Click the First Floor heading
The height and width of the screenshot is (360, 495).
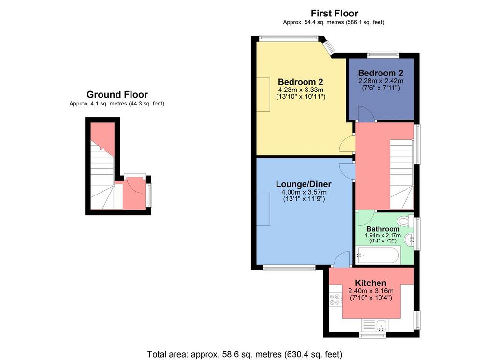[335, 13]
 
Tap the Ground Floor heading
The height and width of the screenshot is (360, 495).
[117, 94]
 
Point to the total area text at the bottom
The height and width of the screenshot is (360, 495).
[245, 354]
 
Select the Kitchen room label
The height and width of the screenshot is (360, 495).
[371, 283]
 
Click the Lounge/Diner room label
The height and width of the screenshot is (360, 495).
[304, 184]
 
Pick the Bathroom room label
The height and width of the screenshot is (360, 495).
[383, 229]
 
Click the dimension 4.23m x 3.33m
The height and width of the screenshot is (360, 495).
[301, 90]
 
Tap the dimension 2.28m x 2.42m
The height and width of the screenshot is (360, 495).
[381, 81]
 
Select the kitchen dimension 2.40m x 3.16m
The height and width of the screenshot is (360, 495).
[371, 291]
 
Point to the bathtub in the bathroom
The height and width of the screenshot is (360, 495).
[378, 255]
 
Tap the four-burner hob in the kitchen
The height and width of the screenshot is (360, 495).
[335, 300]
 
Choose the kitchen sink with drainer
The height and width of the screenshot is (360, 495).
[374, 325]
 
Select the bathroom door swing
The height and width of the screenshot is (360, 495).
[366, 218]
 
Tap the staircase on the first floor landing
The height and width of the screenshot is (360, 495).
[402, 174]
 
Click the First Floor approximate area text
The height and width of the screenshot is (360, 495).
[334, 22]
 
